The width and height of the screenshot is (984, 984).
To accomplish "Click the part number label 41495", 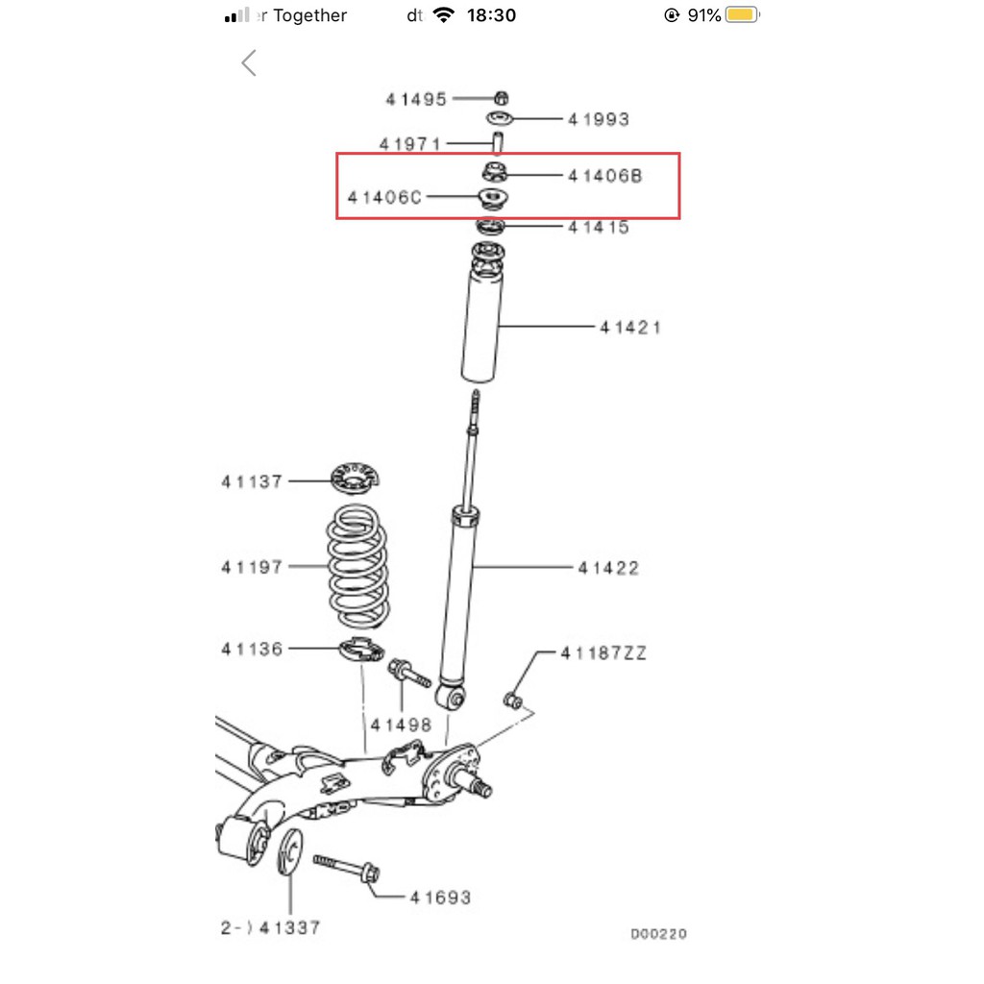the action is click(416, 99).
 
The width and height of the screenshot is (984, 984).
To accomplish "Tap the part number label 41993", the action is click(598, 119).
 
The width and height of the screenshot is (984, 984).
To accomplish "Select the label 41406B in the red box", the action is click(605, 176).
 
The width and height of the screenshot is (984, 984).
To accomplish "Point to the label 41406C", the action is click(384, 198).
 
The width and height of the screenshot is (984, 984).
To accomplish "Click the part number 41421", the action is click(630, 327).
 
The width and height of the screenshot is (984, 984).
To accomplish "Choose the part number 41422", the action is click(608, 568).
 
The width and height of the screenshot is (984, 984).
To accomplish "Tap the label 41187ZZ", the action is click(603, 653).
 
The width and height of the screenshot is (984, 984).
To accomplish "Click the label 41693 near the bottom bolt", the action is click(440, 898).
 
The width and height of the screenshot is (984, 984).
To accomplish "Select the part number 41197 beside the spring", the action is click(252, 567).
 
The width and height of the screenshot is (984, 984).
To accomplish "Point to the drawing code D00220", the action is click(659, 934).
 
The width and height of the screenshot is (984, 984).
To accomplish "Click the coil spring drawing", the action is click(357, 567).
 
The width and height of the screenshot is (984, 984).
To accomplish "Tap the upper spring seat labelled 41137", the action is click(356, 479).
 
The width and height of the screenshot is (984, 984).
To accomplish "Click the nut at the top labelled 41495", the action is click(502, 98).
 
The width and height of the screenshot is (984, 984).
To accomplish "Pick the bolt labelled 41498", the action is click(409, 673).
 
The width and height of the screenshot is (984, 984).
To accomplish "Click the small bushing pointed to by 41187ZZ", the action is click(513, 701).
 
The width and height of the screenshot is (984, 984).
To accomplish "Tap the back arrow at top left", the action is click(249, 62).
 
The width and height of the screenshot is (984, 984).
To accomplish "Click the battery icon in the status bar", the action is click(743, 15).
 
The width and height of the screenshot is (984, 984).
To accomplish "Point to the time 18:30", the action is click(491, 15).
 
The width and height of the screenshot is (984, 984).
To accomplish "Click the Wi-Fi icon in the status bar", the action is click(444, 15).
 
